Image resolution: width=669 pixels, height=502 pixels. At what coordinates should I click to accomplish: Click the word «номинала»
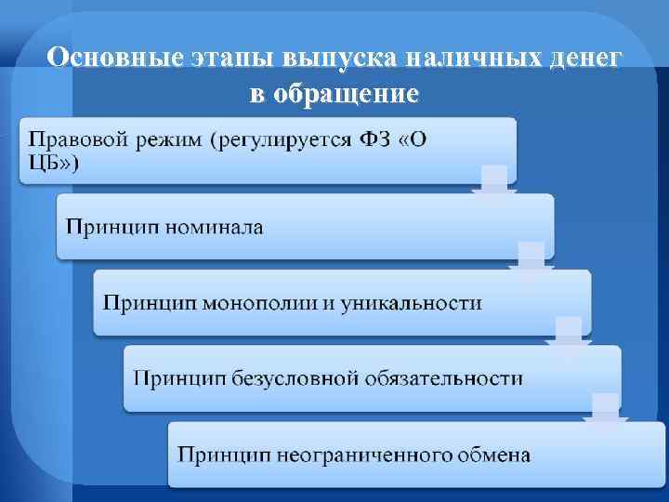216,227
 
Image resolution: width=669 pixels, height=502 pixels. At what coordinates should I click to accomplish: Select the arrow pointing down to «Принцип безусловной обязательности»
568,332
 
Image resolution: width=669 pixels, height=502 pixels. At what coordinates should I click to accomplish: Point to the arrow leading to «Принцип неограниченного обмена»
605,408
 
